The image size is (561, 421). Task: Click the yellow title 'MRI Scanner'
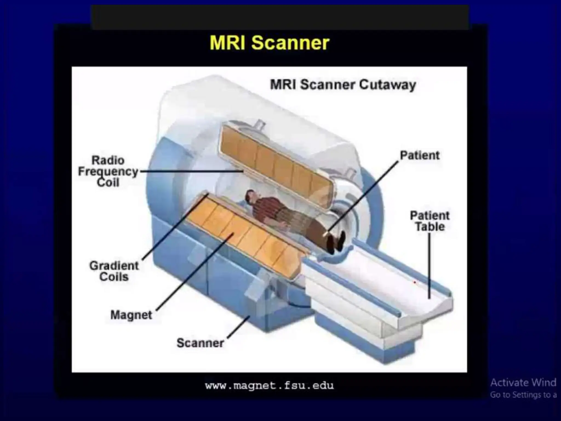click(x=270, y=43)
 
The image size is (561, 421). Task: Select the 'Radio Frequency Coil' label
click(x=108, y=172)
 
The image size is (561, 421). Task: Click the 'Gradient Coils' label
click(x=114, y=271)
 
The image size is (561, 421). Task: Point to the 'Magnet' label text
click(x=131, y=315)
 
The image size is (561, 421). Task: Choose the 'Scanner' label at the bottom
click(x=200, y=343)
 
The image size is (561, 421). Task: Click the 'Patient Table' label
click(x=430, y=221)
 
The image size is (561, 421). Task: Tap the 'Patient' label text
click(x=420, y=155)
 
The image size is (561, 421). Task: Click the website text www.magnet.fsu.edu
click(x=270, y=386)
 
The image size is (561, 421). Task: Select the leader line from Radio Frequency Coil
click(x=192, y=171)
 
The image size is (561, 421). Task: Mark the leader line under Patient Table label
click(x=429, y=266)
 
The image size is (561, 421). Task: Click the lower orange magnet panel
click(x=247, y=236)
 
